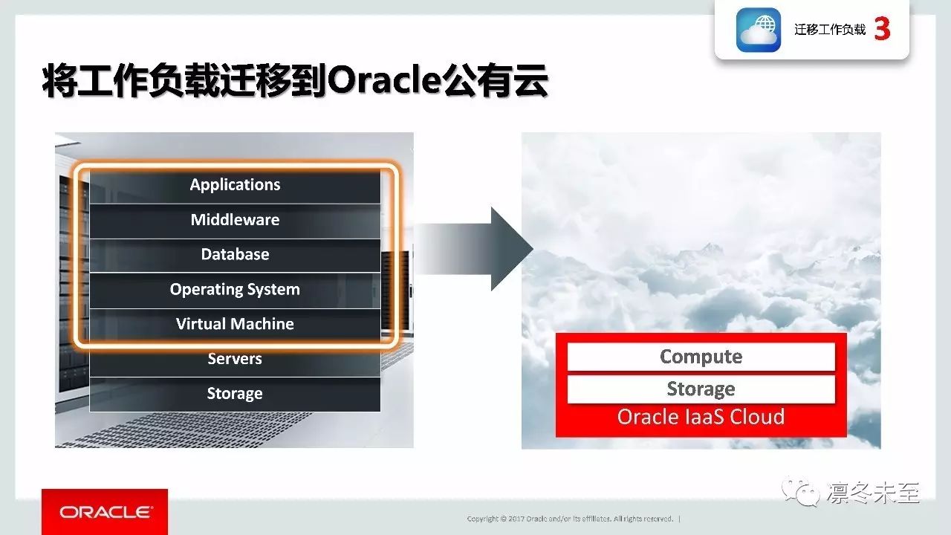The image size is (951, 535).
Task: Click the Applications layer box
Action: pos(235,186)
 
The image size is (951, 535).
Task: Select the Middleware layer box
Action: pos(235,221)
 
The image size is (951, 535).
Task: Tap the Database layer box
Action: pos(235,255)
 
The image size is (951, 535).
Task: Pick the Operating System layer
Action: pos(235,291)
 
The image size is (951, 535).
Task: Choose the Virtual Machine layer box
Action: pos(235,325)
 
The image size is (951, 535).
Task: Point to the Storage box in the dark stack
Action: pos(235,395)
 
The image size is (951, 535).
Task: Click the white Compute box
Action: pos(701,357)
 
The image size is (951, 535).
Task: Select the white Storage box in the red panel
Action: pos(701,389)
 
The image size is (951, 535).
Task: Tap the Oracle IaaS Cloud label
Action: pos(701,417)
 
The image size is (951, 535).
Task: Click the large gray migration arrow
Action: pos(473,249)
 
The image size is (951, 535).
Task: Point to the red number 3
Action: pos(882,29)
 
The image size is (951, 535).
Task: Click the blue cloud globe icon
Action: pos(759,30)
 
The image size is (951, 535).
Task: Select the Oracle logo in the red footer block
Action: pos(106,512)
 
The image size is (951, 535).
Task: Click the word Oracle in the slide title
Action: pos(384,81)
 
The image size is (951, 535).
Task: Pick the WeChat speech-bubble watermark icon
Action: pos(801,492)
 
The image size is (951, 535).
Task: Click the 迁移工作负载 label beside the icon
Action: pos(830,30)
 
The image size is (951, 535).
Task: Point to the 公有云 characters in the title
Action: pos(495,81)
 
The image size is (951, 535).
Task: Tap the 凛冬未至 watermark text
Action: pos(873,493)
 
